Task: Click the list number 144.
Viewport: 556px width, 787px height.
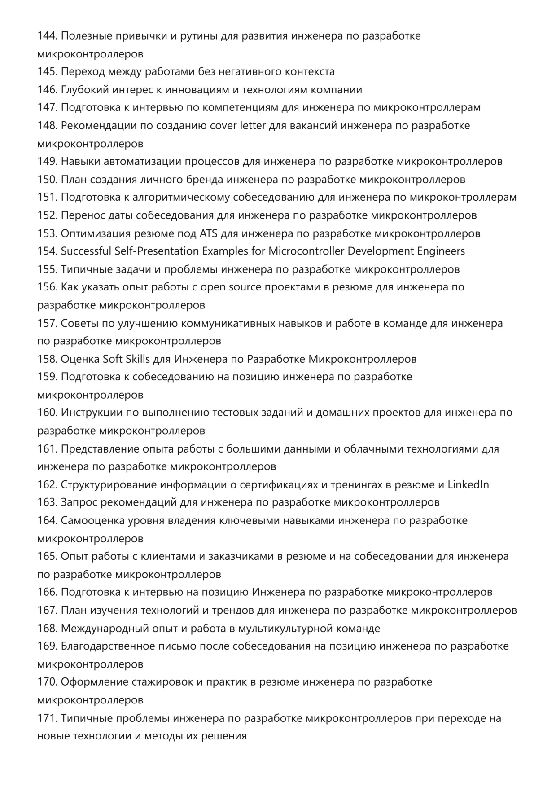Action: (47, 36)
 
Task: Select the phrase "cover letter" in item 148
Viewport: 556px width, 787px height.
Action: (238, 126)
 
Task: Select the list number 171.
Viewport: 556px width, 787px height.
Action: (47, 718)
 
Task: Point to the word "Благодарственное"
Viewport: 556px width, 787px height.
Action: (108, 646)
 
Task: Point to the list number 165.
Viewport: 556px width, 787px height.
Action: (47, 557)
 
